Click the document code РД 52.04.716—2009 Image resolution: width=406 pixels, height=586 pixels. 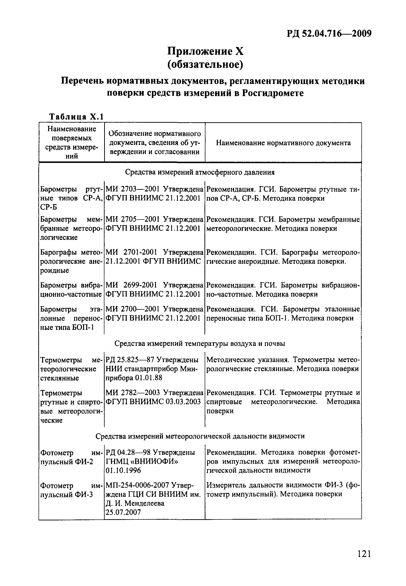pyautogui.click(x=329, y=33)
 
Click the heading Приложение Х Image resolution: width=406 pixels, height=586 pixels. pyautogui.click(x=205, y=51)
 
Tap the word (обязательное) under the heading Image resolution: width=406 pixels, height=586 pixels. pyautogui.click(x=205, y=65)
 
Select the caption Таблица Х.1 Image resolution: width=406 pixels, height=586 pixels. pyautogui.click(x=76, y=117)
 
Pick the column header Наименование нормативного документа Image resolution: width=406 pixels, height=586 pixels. pyautogui.click(x=283, y=143)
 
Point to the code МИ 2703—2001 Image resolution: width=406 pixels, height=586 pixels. pyautogui.click(x=132, y=189)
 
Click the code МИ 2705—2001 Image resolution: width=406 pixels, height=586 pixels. pyautogui.click(x=132, y=219)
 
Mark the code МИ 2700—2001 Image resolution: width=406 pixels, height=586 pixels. pyautogui.click(x=132, y=309)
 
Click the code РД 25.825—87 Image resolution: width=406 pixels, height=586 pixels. pyautogui.click(x=130, y=360)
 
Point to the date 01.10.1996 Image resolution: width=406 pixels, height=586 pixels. pyautogui.click(x=123, y=470)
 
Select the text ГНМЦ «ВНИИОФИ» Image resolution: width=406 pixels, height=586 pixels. pyautogui.click(x=141, y=461)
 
